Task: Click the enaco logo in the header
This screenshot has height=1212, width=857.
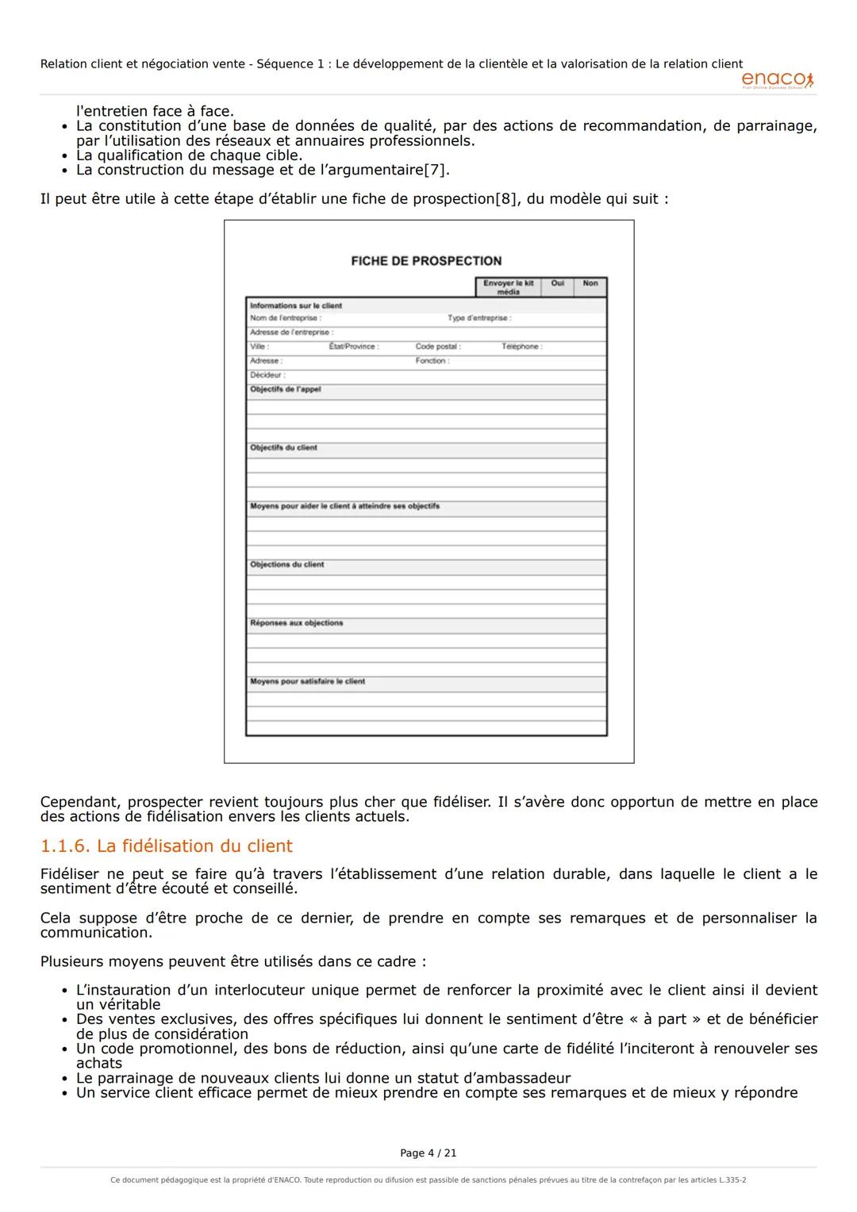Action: (777, 79)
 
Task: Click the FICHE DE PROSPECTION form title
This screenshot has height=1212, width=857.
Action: (426, 261)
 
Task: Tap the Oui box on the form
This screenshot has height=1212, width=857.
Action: (557, 284)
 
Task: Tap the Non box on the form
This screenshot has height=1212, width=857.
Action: (590, 284)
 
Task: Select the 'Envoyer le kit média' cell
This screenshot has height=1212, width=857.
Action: (508, 287)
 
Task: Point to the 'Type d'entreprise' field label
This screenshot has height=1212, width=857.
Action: (479, 318)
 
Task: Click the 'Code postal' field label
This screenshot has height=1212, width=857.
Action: (438, 347)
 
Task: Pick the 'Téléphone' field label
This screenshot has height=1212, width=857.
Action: (521, 347)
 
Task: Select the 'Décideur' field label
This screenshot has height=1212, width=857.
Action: (267, 375)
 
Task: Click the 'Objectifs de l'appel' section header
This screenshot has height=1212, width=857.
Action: (286, 389)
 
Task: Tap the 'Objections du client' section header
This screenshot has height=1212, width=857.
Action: (287, 565)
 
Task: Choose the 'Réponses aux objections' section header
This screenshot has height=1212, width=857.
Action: (297, 623)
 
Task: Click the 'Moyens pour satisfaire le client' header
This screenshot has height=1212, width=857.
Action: (308, 681)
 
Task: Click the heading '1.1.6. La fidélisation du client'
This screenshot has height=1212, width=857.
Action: (167, 846)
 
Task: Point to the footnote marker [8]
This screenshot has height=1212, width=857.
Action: (505, 198)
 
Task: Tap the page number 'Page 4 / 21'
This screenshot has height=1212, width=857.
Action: (428, 1153)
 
